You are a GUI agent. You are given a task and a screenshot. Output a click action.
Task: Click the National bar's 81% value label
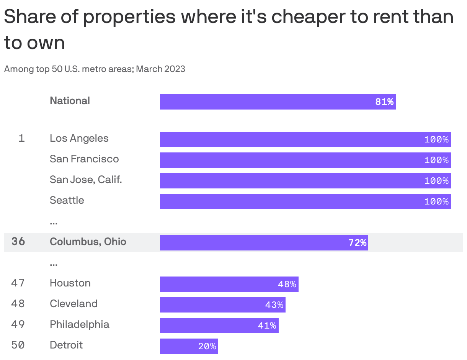384,102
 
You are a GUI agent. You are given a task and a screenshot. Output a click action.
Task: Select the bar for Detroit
189,346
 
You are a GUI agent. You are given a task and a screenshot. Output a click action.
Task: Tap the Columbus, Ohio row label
88,242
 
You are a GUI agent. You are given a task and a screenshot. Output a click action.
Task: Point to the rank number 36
18,242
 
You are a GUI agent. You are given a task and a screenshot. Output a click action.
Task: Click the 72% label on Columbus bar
357,243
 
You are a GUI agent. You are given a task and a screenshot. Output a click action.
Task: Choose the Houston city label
70,283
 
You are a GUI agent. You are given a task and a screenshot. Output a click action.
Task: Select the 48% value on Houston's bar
287,284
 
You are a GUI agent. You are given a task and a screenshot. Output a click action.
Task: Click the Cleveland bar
222,305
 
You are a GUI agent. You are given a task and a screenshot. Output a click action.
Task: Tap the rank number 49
18,324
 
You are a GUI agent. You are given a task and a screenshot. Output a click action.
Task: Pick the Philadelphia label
79,324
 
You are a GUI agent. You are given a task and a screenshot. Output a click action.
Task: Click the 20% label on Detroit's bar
207,346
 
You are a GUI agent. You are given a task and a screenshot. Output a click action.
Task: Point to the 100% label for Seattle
436,201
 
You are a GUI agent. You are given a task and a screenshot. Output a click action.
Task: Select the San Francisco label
84,159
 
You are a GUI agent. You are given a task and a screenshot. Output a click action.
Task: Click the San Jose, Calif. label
86,180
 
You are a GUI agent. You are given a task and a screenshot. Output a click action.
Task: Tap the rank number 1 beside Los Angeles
22,138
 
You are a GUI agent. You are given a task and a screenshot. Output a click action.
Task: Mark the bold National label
70,101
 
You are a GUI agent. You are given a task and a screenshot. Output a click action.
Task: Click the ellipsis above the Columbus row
54,222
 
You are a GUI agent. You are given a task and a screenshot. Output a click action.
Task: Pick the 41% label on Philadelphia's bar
267,326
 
